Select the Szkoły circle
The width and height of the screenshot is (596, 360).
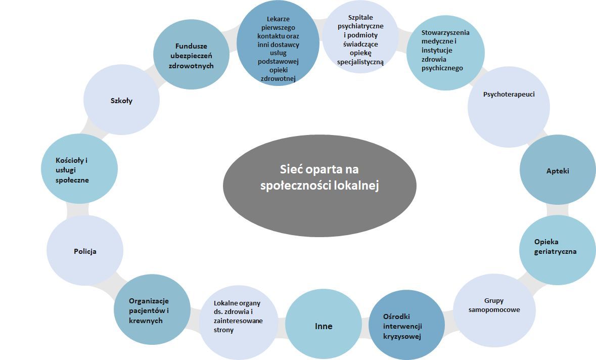point(121,101)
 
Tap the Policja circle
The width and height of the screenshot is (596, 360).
point(85,251)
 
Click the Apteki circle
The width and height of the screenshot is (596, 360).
point(558,170)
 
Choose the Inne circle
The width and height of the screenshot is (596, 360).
point(324,326)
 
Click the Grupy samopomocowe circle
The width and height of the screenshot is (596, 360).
point(494,309)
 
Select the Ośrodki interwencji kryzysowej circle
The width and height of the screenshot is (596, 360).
point(402,326)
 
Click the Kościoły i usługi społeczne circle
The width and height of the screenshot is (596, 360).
point(79,169)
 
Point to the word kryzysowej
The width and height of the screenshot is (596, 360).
point(402,337)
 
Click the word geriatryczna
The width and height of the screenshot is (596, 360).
point(555,251)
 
